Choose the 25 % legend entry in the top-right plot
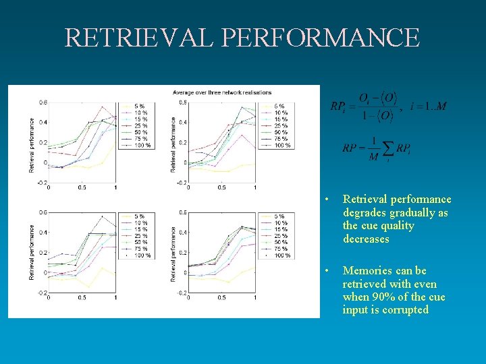(x=280, y=125)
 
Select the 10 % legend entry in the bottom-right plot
(x=280, y=223)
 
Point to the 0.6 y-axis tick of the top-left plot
(x=43, y=102)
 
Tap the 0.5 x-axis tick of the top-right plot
(x=221, y=187)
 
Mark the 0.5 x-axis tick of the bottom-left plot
(x=81, y=297)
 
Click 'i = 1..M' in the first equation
(x=427, y=106)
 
